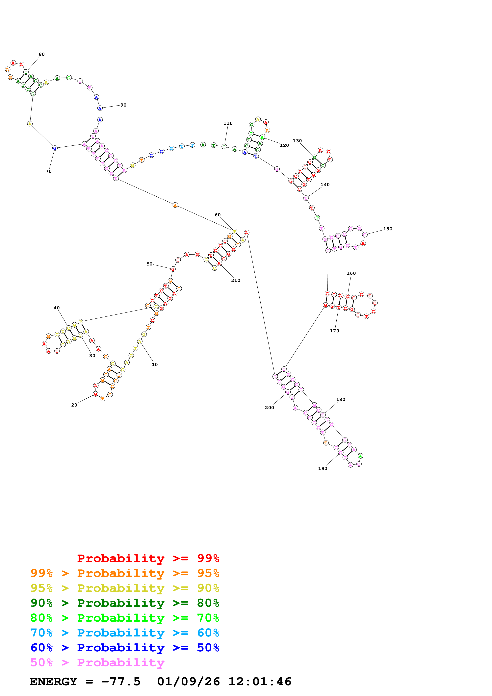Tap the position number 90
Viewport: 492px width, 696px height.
pos(123,105)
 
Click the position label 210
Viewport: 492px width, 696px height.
pos(236,280)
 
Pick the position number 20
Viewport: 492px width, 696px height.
pos(74,405)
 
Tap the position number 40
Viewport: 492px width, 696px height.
pos(57,308)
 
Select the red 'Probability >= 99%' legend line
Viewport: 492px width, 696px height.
pos(148,558)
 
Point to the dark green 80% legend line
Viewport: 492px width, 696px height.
pos(125,603)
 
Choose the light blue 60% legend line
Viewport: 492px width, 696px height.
pos(125,633)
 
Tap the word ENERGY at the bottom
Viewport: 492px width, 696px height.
pos(53,682)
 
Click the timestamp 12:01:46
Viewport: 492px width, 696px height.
pos(260,682)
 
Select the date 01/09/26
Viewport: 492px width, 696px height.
pos(189,682)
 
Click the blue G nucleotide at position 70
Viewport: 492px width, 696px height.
pos(55,148)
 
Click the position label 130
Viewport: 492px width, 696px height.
pos(297,141)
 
